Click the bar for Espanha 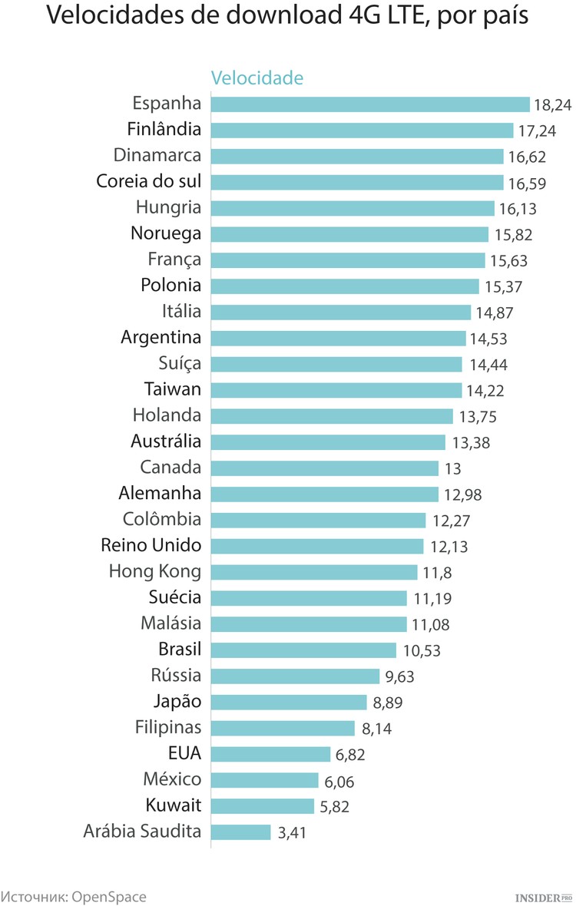(x=370, y=104)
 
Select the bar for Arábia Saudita (x=241, y=832)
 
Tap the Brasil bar (x=304, y=650)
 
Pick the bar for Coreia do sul (x=357, y=182)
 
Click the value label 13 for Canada (x=452, y=468)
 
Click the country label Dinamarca (x=157, y=155)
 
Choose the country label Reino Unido (x=151, y=545)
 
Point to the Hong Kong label (x=155, y=571)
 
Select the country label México (x=172, y=779)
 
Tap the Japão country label (x=177, y=701)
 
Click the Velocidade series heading (x=257, y=78)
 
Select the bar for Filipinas (x=283, y=728)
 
